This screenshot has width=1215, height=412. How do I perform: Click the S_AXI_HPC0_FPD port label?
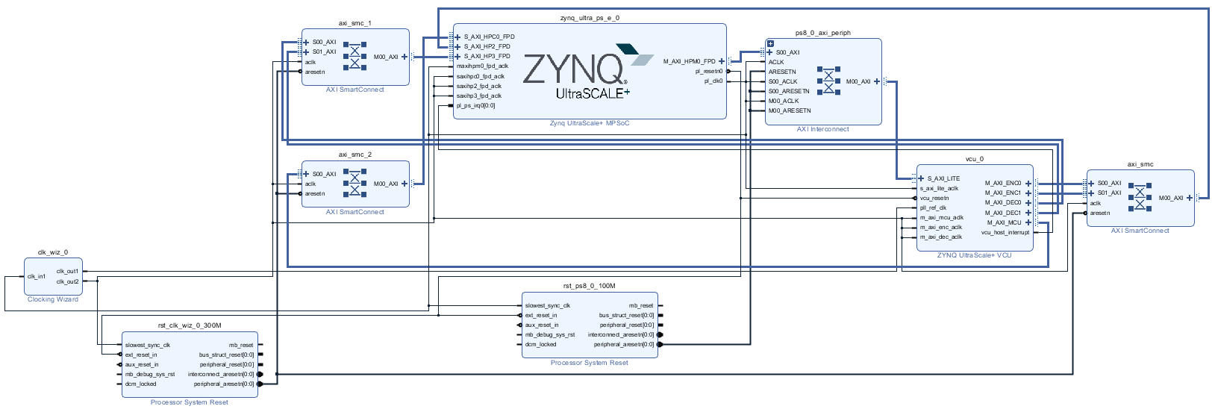[489, 37]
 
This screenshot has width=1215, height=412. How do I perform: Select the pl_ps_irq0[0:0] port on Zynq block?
[475, 105]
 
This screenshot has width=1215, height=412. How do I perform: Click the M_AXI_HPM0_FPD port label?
[689, 61]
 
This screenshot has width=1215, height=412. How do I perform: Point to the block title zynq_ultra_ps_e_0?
[589, 18]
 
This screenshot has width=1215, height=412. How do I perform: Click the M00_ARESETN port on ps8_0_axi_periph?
[790, 110]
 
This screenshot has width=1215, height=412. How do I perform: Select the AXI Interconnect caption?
[822, 129]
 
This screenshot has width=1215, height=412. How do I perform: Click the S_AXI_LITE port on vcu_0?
[943, 178]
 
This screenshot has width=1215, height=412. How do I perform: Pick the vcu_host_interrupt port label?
[1005, 232]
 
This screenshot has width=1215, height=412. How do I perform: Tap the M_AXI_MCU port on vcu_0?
[1004, 222]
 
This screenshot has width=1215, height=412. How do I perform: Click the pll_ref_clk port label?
[933, 207]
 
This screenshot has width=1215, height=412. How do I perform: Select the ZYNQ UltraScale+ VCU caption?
[974, 255]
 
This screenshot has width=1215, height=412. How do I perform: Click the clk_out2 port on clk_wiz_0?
[67, 281]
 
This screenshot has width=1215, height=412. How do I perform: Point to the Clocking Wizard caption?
[53, 299]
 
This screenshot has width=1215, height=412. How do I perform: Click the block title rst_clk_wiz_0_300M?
[190, 325]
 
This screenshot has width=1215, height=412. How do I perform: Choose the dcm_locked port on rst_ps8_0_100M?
[540, 344]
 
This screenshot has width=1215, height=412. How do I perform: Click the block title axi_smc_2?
[354, 154]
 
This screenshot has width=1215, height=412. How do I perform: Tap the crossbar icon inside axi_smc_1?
[354, 57]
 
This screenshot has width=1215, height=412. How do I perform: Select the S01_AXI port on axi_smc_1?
[324, 51]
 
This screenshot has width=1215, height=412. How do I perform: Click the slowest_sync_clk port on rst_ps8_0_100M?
[547, 305]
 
